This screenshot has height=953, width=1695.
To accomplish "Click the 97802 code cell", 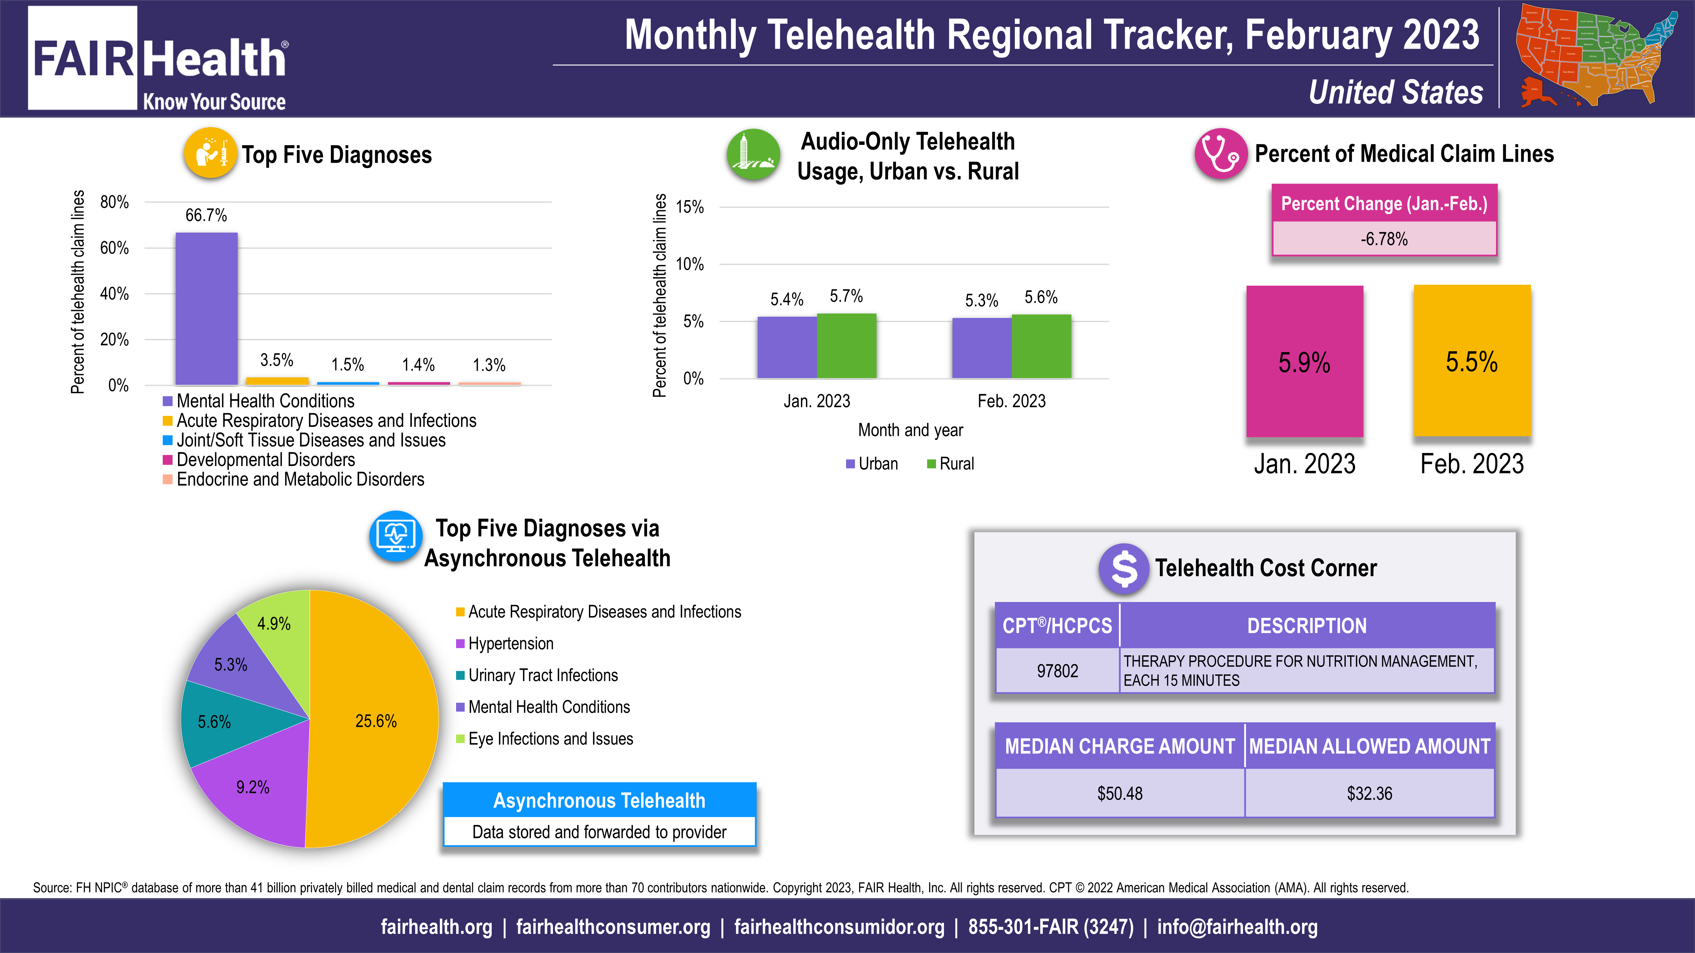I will tap(1057, 671).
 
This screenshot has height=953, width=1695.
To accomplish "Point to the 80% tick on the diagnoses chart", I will tap(114, 202).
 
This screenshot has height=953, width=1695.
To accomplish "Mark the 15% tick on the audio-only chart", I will tap(690, 207).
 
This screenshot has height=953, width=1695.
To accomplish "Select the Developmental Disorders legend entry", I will tap(265, 460).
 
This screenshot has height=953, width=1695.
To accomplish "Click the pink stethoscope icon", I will tap(1220, 154).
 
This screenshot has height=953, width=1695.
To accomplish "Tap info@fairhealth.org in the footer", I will tap(1237, 927).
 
